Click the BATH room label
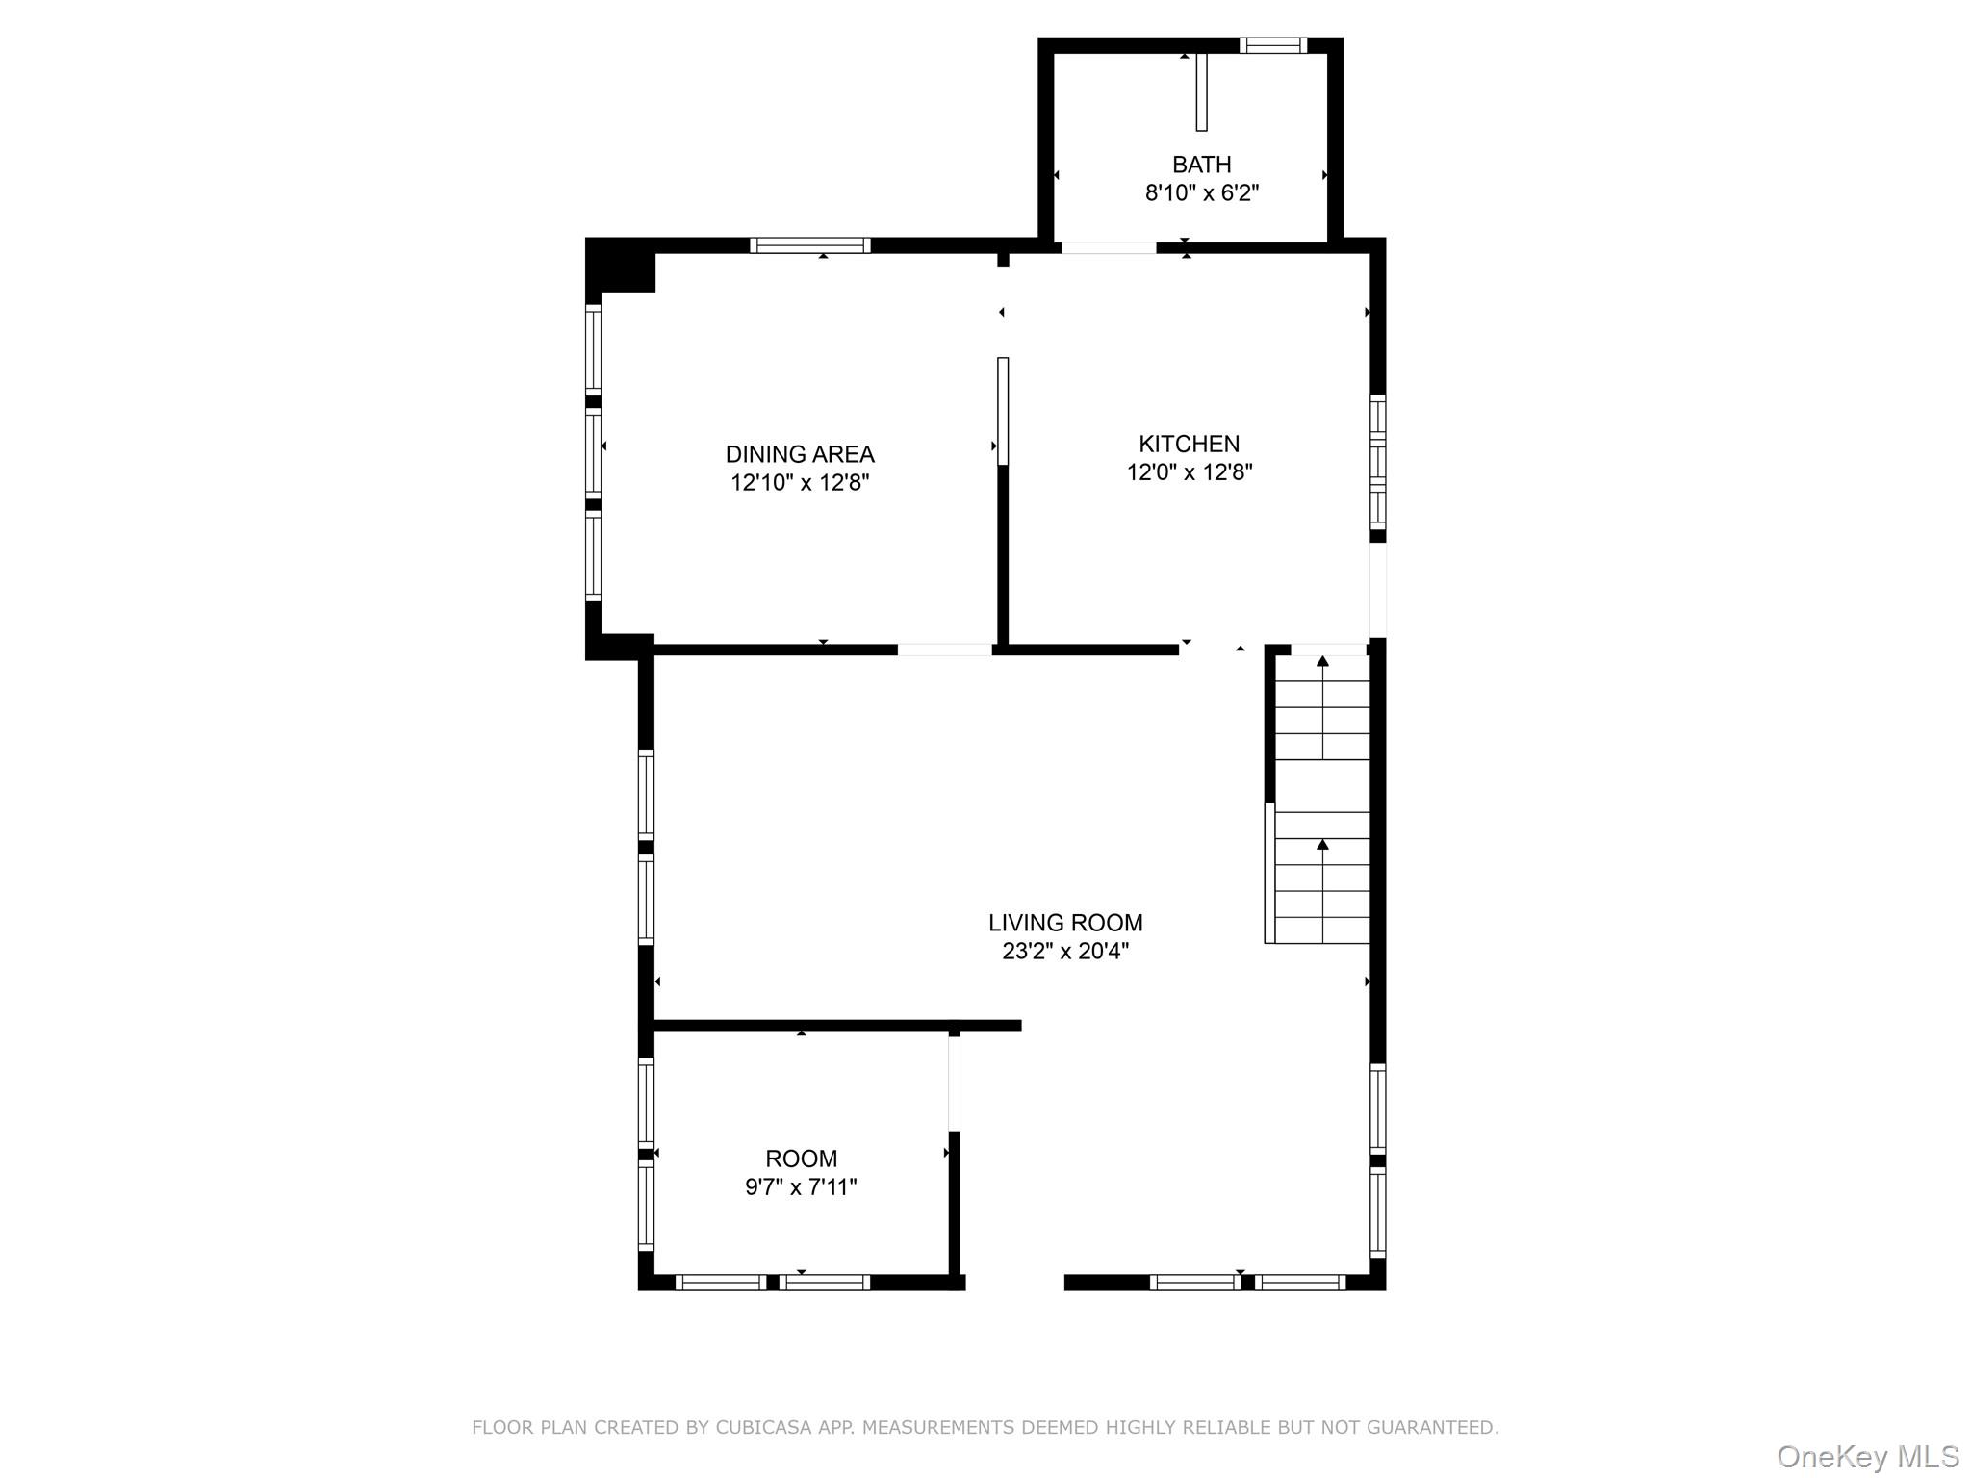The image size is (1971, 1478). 1201,165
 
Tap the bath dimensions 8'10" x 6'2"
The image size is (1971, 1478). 1201,193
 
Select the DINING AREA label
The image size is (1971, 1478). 799,454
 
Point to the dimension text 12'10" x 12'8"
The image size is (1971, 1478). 799,483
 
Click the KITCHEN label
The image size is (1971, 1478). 1189,444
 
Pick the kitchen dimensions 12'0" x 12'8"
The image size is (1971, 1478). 1189,472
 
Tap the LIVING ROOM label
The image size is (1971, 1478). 1065,923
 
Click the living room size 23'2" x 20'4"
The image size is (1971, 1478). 1065,952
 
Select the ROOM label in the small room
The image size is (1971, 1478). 801,1159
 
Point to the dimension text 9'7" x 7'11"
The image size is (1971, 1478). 801,1187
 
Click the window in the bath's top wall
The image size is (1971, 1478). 1272,45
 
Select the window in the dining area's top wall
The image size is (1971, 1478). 809,245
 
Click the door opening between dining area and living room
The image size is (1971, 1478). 944,650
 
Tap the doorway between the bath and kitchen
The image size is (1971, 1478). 1109,248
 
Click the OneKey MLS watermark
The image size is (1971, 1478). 1867,1456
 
